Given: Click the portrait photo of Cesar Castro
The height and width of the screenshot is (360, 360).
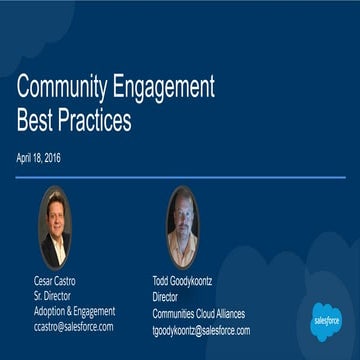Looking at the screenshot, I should click(x=54, y=228).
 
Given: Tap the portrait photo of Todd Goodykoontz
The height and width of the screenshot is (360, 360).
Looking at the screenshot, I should click(x=182, y=227).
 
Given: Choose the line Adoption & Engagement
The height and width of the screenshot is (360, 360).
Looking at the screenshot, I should click(x=74, y=311).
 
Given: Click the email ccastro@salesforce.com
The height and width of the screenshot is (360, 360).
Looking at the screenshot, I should click(x=73, y=326).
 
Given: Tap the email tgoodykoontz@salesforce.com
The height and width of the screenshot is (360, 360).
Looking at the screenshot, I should click(x=201, y=329).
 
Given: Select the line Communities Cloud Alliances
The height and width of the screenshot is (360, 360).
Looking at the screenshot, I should click(x=198, y=314).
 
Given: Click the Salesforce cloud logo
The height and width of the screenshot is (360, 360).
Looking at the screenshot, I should click(x=326, y=322).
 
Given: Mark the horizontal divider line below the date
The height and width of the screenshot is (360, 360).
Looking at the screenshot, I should click(x=180, y=177).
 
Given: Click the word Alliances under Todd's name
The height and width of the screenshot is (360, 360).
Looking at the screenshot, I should click(x=226, y=314).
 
